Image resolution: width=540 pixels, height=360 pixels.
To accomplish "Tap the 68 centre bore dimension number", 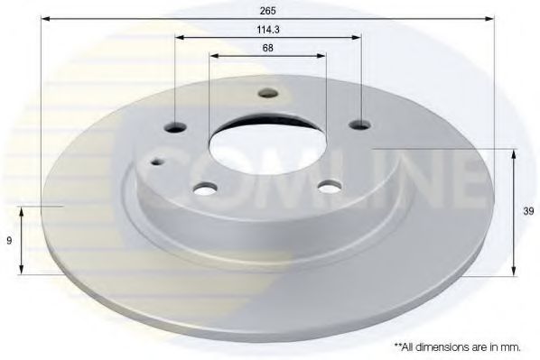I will pyautogui.click(x=267, y=48).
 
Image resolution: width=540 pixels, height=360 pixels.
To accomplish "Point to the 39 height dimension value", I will pyautogui.click(x=529, y=213).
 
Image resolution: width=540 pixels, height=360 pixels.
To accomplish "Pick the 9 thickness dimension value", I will pyautogui.click(x=8, y=240).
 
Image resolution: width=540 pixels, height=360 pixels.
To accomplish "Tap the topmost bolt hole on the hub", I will pyautogui.click(x=266, y=92).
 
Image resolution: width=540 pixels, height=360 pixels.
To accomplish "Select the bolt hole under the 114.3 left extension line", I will pyautogui.click(x=175, y=126).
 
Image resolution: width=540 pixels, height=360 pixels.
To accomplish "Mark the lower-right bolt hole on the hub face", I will pyautogui.click(x=330, y=186).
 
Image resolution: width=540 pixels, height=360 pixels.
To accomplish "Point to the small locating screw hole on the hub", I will pyautogui.click(x=157, y=162).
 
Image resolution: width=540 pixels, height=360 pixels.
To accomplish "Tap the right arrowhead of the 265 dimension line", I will pyautogui.click(x=491, y=18).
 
